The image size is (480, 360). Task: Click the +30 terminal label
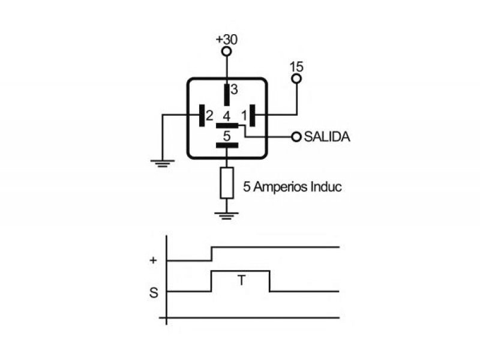tap(227, 40)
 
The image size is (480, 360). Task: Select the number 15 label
tap(296, 67)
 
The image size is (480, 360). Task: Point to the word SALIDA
tap(327, 137)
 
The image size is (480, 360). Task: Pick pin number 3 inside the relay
tap(234, 89)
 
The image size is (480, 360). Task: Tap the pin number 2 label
tap(209, 116)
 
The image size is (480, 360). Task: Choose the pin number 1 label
tap(244, 116)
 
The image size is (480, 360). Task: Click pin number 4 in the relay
tap(227, 116)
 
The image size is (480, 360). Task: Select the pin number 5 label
tap(227, 136)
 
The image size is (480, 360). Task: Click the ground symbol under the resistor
tap(227, 216)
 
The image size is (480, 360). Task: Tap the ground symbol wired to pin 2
tap(163, 163)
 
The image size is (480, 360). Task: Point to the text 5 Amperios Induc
tap(292, 187)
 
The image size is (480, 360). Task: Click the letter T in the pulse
tap(242, 280)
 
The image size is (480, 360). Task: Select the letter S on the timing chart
tap(154, 293)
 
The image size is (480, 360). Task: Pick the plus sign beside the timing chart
tap(153, 260)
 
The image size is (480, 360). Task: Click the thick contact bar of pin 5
tap(227, 145)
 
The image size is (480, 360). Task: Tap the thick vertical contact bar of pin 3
tap(227, 95)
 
